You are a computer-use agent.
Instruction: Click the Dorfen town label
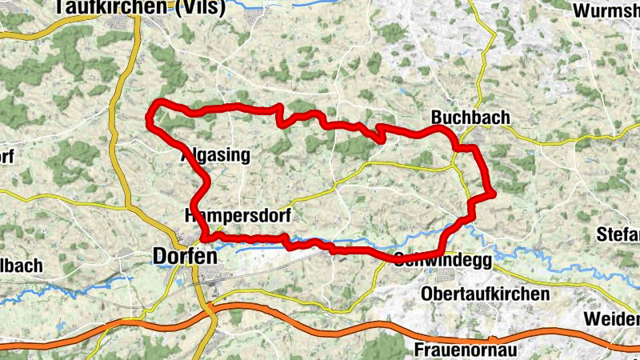183,257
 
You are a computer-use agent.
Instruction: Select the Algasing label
215,155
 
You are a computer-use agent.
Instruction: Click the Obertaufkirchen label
486,293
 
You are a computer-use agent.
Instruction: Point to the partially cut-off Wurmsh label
606,11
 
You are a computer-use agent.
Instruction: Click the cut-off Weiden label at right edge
611,318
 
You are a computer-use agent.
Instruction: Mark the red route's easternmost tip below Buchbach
494,192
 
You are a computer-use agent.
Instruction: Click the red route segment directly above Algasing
216,108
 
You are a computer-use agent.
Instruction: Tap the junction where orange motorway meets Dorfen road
210,308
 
